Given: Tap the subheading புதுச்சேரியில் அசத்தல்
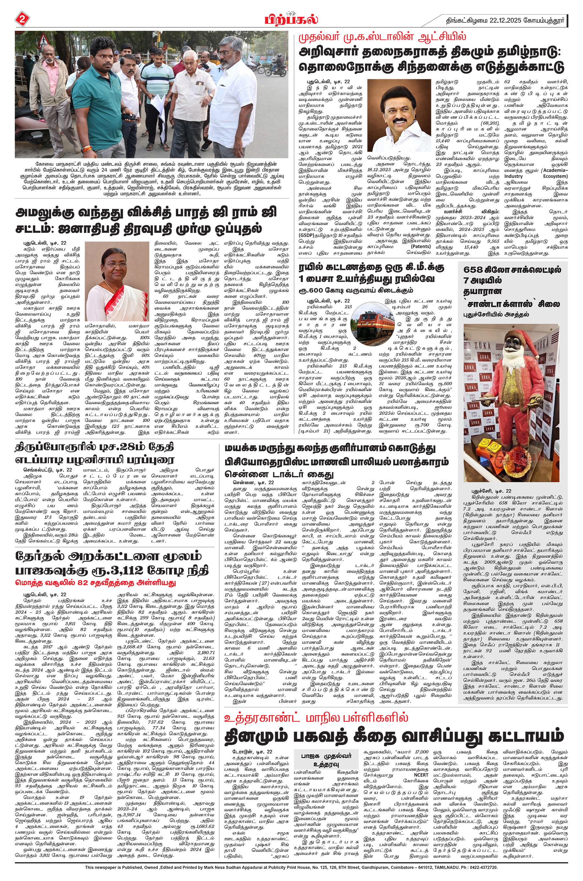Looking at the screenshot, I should click(x=496, y=315).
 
